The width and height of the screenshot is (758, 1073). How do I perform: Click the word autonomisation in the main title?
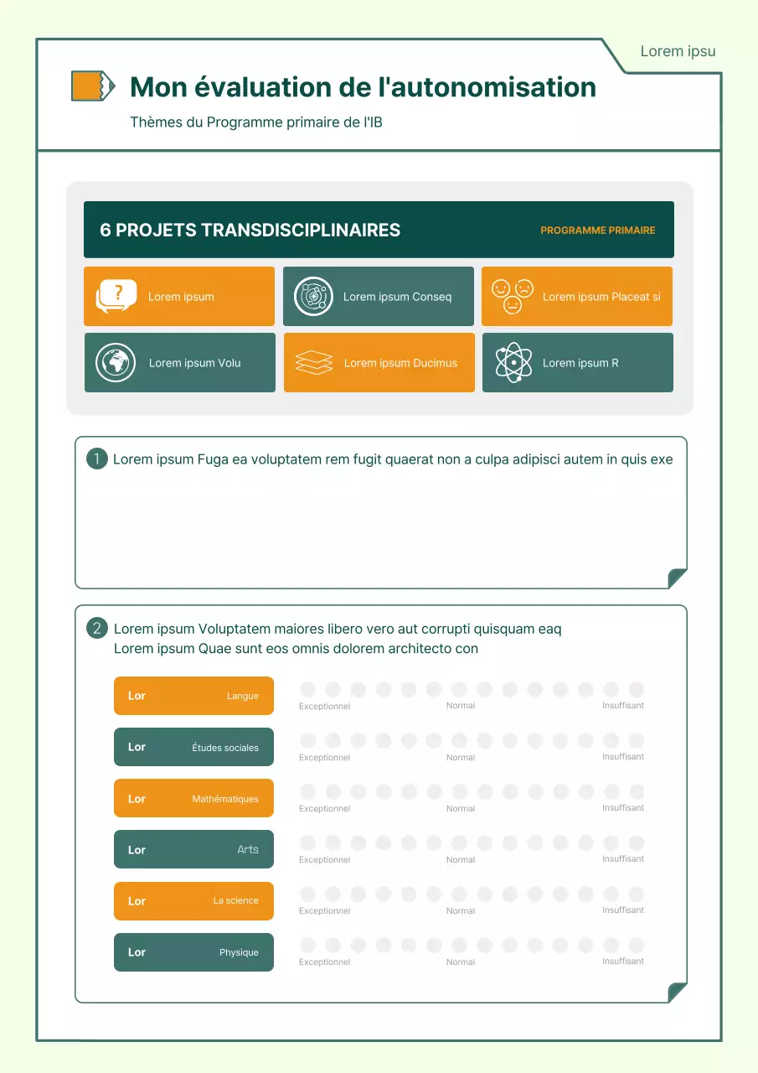click(x=492, y=87)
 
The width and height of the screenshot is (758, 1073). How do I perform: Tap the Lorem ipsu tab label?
click(x=678, y=51)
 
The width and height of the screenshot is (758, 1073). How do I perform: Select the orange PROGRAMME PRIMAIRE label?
click(x=597, y=230)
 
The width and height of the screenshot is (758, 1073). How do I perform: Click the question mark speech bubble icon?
click(x=116, y=296)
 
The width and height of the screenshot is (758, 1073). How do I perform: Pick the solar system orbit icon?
click(x=314, y=296)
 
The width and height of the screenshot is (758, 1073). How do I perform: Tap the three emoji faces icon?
click(x=513, y=296)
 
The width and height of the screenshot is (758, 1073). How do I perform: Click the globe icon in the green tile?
click(x=116, y=363)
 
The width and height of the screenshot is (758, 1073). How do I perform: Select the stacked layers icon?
click(x=314, y=363)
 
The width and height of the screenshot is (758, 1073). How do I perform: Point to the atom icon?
click(x=513, y=363)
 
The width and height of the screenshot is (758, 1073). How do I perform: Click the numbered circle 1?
click(x=97, y=459)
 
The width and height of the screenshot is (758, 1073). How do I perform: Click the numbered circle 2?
click(x=97, y=628)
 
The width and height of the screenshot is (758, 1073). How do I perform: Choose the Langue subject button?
click(x=193, y=696)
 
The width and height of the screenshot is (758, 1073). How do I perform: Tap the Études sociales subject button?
click(x=193, y=747)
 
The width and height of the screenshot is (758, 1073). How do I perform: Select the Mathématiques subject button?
click(x=193, y=798)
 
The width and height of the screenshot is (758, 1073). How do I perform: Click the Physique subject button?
click(x=193, y=952)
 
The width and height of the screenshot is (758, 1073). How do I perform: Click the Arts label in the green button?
click(x=248, y=849)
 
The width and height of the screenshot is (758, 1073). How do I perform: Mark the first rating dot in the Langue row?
click(x=307, y=689)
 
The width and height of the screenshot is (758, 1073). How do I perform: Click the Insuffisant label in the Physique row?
click(x=623, y=961)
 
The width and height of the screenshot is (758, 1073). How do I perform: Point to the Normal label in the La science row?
click(x=461, y=910)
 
